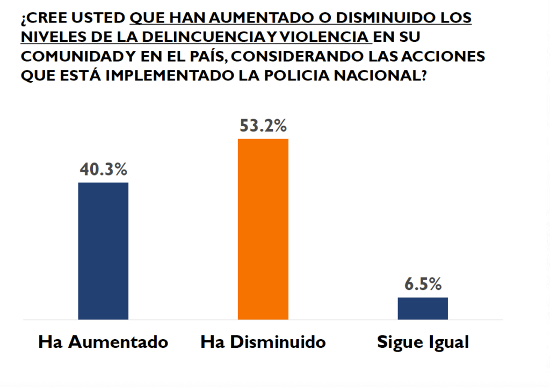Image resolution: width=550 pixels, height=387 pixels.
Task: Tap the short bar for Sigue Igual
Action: (423, 308)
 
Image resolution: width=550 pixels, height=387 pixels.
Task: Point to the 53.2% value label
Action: (263, 127)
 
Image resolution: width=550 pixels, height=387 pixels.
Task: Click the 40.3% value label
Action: (103, 170)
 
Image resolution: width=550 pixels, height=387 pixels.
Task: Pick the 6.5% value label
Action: (423, 284)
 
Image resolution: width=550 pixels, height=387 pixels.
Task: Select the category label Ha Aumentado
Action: (103, 342)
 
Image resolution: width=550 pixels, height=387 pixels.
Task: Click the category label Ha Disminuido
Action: (263, 342)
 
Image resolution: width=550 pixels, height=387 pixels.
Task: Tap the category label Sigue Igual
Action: (423, 342)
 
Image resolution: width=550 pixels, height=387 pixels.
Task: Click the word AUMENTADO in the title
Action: (258, 18)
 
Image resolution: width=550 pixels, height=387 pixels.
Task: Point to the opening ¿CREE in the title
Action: (41, 18)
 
